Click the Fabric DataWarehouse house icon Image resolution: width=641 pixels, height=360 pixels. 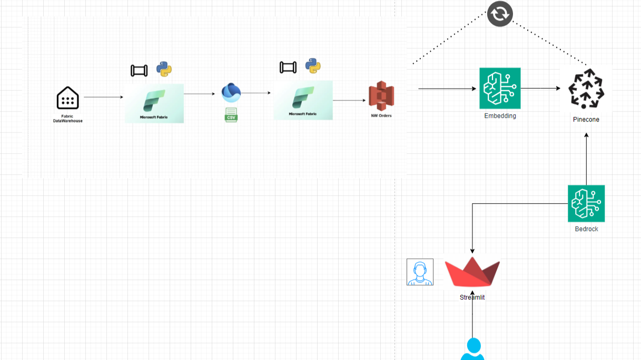tap(67, 98)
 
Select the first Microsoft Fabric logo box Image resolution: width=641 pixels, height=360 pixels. tap(154, 103)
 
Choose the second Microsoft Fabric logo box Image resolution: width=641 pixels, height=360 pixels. tap(303, 100)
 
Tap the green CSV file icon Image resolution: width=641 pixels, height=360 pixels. tap(231, 115)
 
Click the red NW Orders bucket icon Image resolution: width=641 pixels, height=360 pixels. tap(381, 96)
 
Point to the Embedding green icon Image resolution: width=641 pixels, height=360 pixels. tap(500, 88)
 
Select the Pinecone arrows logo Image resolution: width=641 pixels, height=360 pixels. tap(586, 88)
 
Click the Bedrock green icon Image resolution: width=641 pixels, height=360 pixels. tap(586, 203)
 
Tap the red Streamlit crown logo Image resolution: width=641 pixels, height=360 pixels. tap(472, 272)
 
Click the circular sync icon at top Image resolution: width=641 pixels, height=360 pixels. tap(500, 14)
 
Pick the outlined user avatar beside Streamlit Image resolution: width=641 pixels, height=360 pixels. tap(420, 272)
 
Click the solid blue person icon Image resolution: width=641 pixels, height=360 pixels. tap(472, 349)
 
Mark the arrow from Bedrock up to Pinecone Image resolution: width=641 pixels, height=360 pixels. tap(586, 158)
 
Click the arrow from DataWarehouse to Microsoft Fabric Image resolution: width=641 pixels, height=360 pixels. tap(103, 97)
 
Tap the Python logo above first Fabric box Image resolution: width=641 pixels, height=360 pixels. tap(164, 69)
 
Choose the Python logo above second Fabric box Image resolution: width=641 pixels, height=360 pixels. tap(313, 66)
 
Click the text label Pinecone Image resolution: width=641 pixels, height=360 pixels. tap(586, 119)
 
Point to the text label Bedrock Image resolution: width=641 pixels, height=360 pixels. tap(586, 229)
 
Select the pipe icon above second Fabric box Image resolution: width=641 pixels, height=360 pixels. tap(288, 67)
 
